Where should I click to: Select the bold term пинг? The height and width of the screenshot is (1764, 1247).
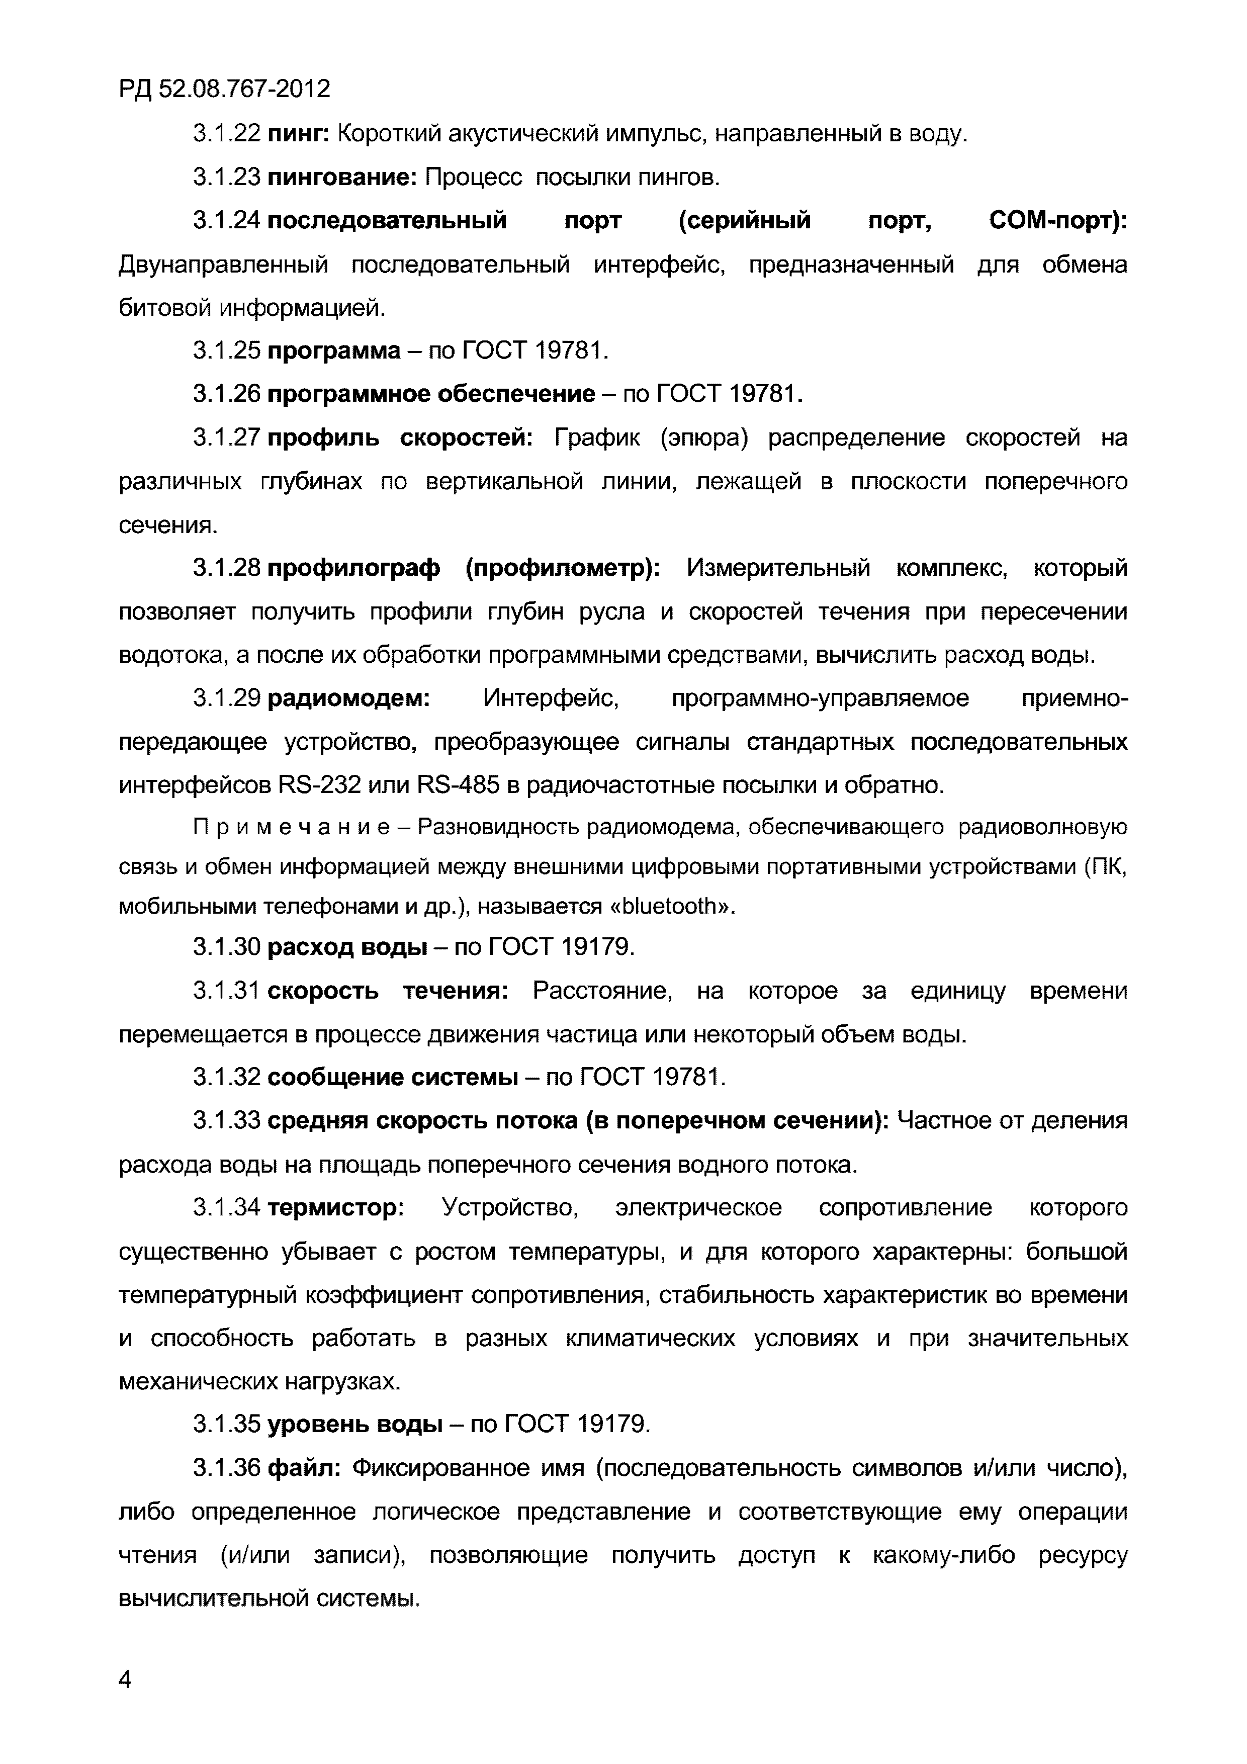click(299, 134)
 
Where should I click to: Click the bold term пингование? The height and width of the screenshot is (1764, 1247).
click(342, 178)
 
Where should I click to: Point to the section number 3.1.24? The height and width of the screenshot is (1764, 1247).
click(227, 221)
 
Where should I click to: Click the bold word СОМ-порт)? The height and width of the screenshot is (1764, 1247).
click(1058, 221)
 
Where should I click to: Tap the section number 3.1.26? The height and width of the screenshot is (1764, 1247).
click(227, 395)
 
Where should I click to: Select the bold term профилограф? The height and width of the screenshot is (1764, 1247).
click(353, 569)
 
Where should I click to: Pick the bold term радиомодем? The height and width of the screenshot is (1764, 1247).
click(349, 699)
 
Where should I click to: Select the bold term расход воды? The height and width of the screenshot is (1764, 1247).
click(347, 948)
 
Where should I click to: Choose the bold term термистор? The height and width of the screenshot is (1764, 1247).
click(336, 1208)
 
